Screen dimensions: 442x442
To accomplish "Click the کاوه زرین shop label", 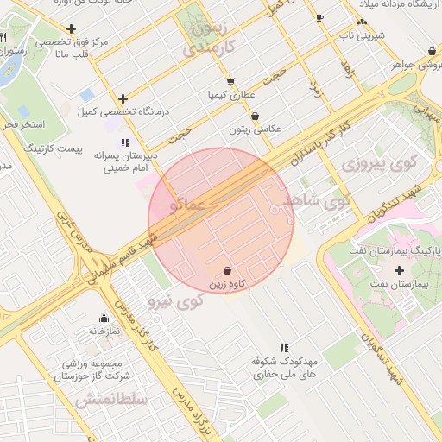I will click(227, 284).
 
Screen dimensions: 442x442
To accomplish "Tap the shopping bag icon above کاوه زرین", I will click(227, 271).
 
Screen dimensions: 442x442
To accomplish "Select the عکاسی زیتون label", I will click(256, 129).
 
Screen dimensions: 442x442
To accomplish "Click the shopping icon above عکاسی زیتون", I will click(255, 117).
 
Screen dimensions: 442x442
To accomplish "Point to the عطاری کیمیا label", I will click(230, 94).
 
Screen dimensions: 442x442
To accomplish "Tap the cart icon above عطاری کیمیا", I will click(230, 82).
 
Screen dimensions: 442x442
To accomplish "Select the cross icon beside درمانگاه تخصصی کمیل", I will click(123, 98).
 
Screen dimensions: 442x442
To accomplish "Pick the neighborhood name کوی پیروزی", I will click(379, 162).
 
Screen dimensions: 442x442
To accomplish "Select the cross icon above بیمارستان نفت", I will click(399, 270).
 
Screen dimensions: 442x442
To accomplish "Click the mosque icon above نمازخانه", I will click(104, 318).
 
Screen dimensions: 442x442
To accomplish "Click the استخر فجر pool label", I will click(22, 125).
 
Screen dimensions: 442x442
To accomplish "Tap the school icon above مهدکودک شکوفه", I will click(284, 347).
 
